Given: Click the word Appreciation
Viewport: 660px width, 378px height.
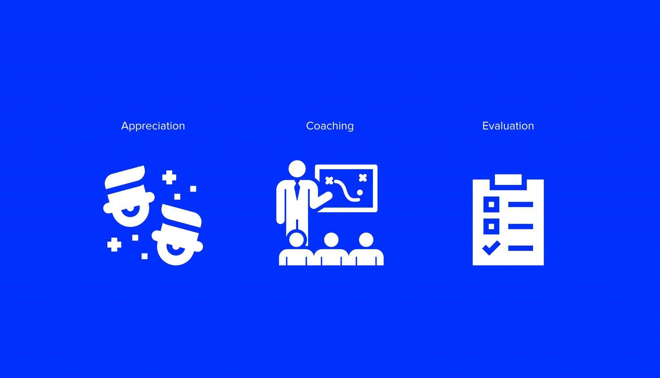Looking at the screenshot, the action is [x=153, y=126].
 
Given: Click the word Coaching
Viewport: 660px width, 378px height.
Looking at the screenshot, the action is [x=330, y=126].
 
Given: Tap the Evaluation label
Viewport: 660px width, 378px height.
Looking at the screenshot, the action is [x=508, y=126].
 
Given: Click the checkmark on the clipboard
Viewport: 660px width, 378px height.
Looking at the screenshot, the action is [x=491, y=248].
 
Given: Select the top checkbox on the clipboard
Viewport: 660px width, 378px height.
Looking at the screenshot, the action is [x=491, y=204].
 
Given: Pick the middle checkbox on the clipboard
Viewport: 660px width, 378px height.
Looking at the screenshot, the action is [x=491, y=226].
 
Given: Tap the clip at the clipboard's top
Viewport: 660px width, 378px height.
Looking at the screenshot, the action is [x=508, y=180].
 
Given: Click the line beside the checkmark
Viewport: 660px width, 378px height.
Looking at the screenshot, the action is [x=520, y=248].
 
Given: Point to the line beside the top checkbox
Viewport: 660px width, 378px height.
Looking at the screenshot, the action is [x=520, y=204].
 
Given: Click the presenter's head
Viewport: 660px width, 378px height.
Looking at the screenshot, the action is [x=297, y=169].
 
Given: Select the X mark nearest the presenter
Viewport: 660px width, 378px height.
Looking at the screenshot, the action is [x=329, y=180].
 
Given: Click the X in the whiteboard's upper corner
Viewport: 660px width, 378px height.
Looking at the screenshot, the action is [x=363, y=178].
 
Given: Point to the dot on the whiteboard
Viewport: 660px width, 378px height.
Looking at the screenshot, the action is [x=360, y=193].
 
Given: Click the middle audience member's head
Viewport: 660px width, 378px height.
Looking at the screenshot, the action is [x=331, y=240].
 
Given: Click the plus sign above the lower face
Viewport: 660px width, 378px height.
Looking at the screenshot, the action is [x=169, y=178].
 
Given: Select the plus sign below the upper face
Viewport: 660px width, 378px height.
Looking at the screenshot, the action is [x=114, y=245].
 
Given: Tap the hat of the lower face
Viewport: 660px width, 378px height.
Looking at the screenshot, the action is [x=181, y=216].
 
